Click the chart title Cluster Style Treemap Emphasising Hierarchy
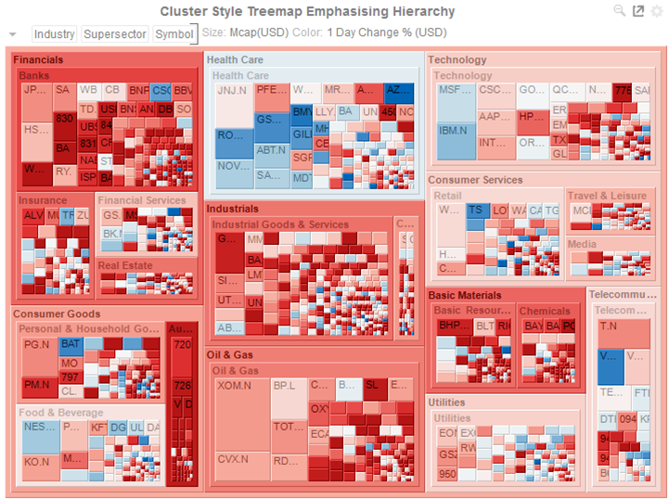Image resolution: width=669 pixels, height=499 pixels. pyautogui.click(x=307, y=12)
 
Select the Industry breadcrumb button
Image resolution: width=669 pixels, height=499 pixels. pyautogui.click(x=54, y=34)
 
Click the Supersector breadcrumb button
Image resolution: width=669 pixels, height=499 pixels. pyautogui.click(x=115, y=34)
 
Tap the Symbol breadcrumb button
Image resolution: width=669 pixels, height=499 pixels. pyautogui.click(x=174, y=34)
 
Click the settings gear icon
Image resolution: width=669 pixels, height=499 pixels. pyautogui.click(x=657, y=11)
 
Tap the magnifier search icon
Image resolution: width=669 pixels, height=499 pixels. pyautogui.click(x=620, y=10)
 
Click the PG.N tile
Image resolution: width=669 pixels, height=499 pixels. pyautogui.click(x=37, y=345)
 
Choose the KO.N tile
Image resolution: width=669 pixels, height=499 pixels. pyautogui.click(x=37, y=462)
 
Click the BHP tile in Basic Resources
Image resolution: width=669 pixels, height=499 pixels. pyautogui.click(x=454, y=326)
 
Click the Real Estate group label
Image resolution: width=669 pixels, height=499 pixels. pyautogui.click(x=125, y=266)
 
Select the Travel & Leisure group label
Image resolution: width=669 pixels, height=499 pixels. pyautogui.click(x=607, y=196)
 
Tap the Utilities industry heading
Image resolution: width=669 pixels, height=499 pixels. pyautogui.click(x=446, y=403)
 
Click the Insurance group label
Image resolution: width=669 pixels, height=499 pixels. pyautogui.click(x=44, y=200)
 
